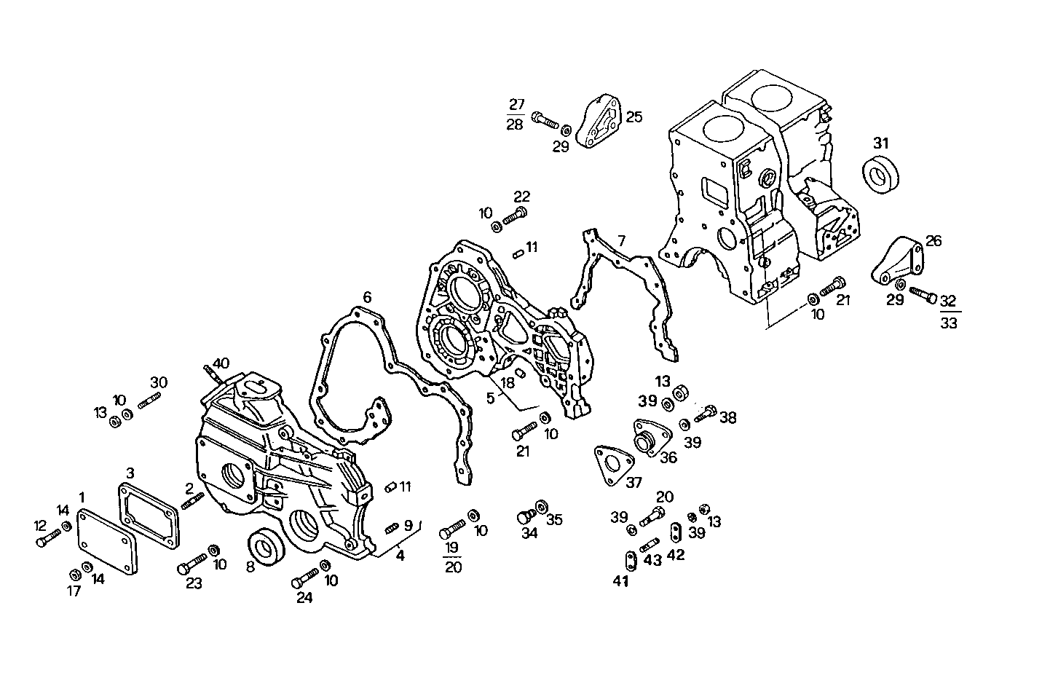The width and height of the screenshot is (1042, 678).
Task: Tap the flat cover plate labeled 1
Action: (107, 542)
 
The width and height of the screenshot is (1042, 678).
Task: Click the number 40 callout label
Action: (221, 363)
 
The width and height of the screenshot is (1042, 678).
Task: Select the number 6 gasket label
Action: (367, 297)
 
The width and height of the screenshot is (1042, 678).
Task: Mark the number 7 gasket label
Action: (621, 240)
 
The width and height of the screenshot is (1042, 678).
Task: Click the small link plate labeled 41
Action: (628, 561)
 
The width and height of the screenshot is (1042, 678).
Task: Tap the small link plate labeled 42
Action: (674, 532)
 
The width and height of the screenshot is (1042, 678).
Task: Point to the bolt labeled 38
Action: (705, 415)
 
